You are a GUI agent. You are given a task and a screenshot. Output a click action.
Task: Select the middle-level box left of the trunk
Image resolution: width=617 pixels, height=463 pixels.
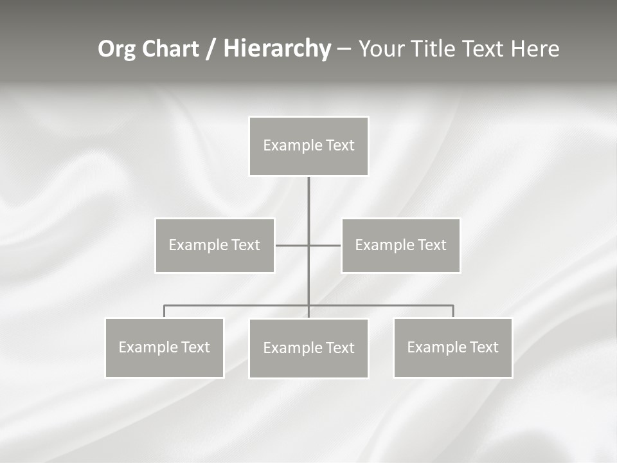coord(215,245)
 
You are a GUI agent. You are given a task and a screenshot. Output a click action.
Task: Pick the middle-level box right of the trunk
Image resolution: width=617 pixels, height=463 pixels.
coord(400,245)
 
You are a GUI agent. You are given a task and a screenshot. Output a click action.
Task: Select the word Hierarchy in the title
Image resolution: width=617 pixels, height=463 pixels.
coord(277,49)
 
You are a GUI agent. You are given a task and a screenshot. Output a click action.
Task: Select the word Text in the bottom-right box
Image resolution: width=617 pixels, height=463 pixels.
coord(483,347)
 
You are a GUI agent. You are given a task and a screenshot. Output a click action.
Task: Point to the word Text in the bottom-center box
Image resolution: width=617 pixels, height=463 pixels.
coord(339,348)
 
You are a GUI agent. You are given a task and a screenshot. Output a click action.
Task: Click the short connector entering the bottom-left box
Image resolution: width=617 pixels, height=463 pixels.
coord(164,311)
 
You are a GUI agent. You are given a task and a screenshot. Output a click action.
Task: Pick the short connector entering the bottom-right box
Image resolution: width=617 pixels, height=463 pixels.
coord(453,311)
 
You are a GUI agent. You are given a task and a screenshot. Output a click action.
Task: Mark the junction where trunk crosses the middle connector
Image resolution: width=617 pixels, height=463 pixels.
coord(308,245)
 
